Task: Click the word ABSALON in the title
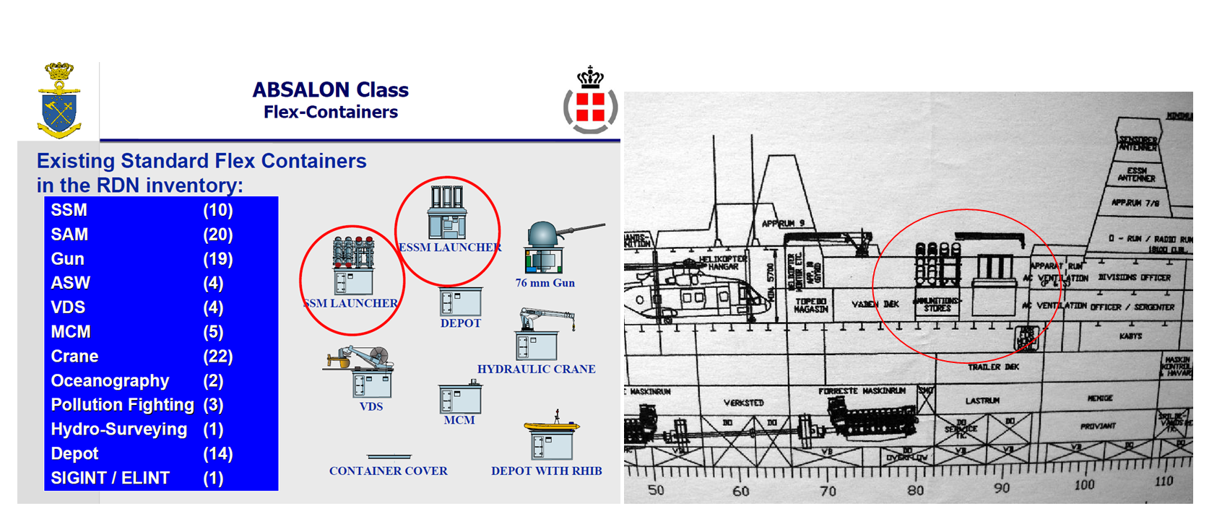click(293, 90)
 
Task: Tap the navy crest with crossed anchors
click(59, 102)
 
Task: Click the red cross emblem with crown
click(590, 102)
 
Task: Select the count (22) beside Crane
click(217, 357)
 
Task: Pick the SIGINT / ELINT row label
click(110, 478)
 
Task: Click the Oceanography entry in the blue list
click(110, 380)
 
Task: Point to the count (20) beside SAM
click(217, 235)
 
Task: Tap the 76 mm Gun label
click(545, 283)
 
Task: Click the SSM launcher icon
click(352, 264)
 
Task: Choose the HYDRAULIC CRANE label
click(536, 369)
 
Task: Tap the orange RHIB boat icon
click(552, 427)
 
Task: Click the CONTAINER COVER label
click(388, 471)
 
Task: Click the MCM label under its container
click(459, 420)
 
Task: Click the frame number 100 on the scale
click(1083, 484)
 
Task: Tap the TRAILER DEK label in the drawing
click(993, 367)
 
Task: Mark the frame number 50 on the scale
click(656, 490)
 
